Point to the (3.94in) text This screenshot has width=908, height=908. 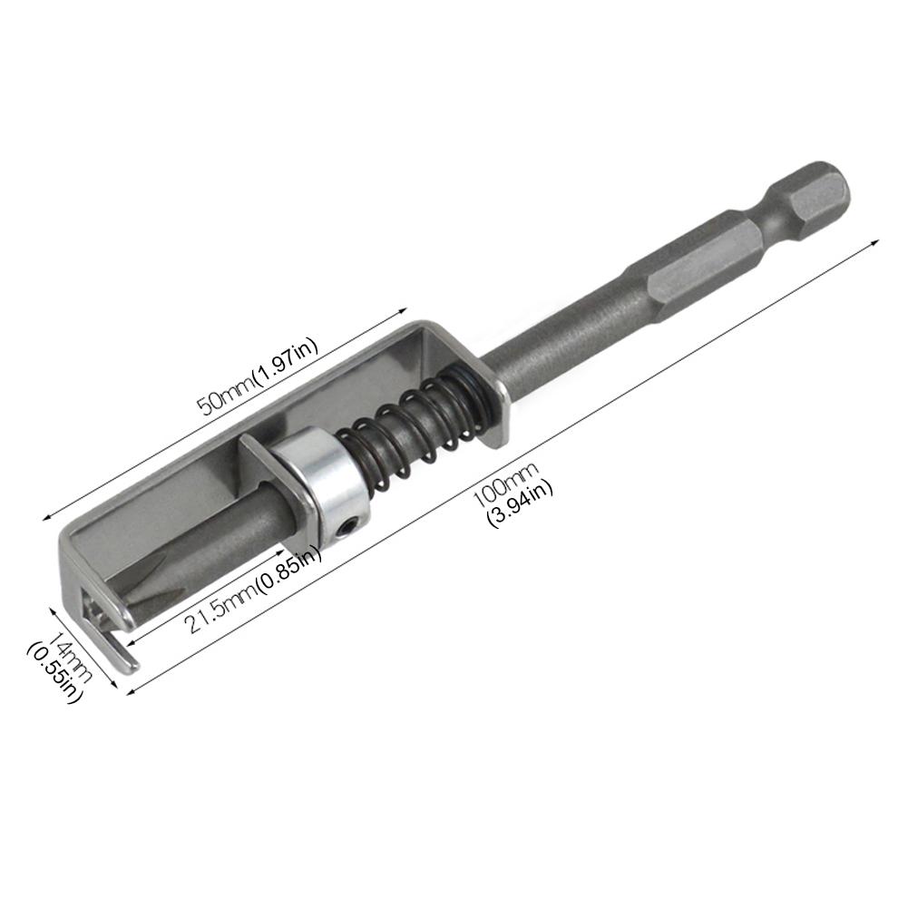520,503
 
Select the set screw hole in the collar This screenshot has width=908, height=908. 348,527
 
